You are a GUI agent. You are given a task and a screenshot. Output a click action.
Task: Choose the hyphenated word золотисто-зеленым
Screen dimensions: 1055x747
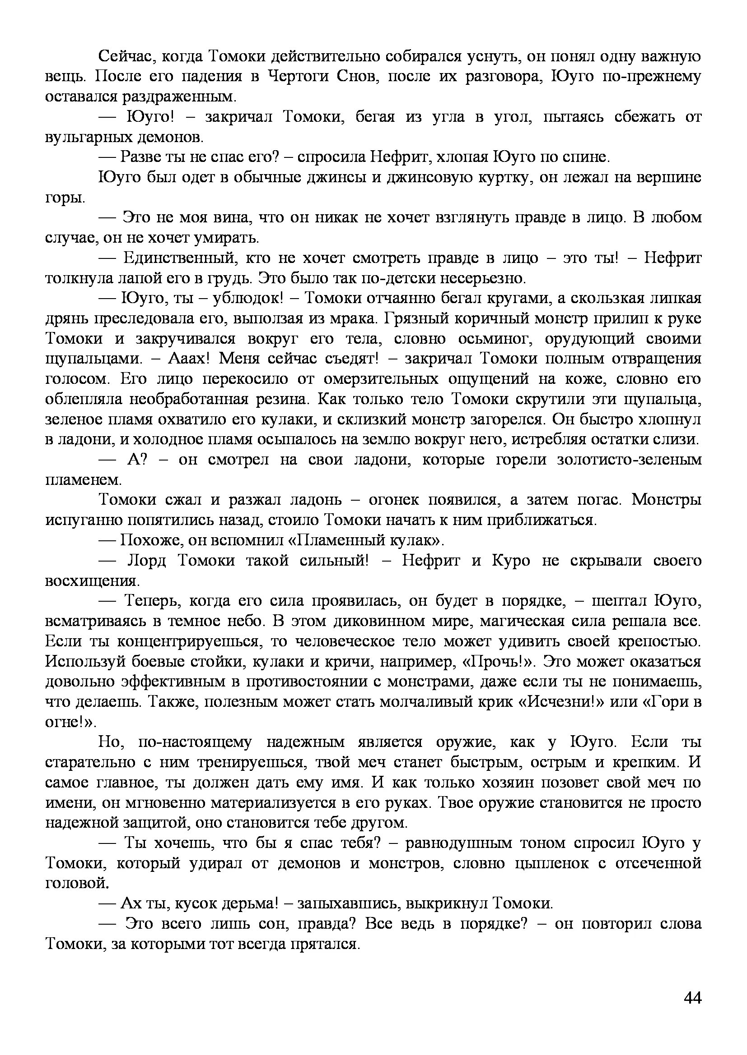pos(629,460)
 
